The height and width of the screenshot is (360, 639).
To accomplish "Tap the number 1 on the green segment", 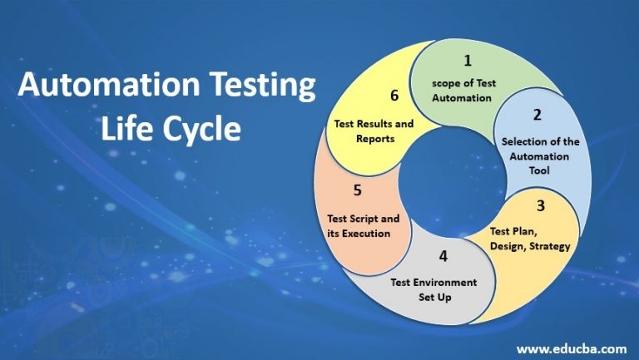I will (468, 60).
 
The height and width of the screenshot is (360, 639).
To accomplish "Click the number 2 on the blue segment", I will (537, 115).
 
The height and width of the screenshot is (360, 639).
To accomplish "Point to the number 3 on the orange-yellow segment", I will (540, 205).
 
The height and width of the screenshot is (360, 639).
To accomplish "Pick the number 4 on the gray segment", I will (443, 256).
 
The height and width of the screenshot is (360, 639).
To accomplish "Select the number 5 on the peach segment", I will (357, 190).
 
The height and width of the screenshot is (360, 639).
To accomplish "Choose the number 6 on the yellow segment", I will (394, 95).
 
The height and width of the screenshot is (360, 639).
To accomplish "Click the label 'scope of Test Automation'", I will (466, 91).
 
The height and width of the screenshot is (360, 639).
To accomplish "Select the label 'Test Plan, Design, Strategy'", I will (530, 239).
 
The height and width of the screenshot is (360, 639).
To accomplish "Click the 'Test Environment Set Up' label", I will (433, 289).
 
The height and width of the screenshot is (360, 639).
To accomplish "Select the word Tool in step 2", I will (541, 170).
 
